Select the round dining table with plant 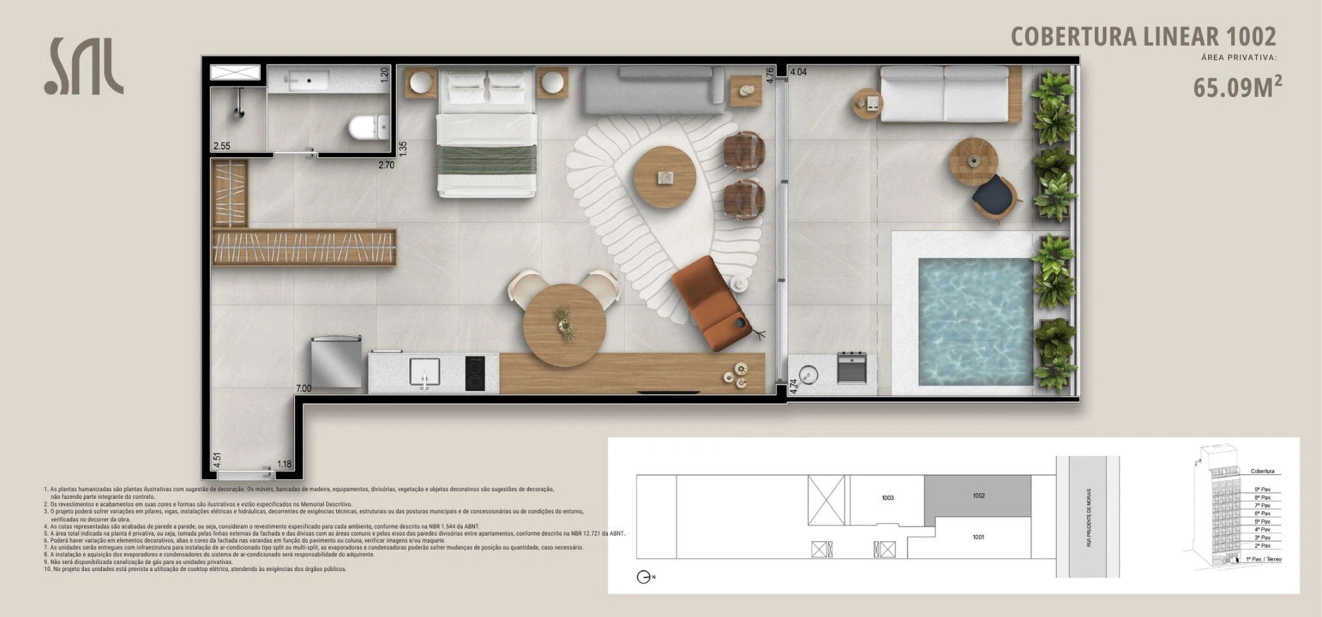click(x=565, y=325)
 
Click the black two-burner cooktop click(x=475, y=374)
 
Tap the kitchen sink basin click(x=424, y=372)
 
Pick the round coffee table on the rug click(x=665, y=176)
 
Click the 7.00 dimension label click(x=303, y=389)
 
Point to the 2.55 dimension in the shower click(x=221, y=146)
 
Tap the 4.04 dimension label click(x=798, y=72)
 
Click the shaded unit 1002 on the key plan click(x=978, y=496)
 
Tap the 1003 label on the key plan click(x=888, y=498)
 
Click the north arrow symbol click(x=644, y=577)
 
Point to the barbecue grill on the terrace click(x=851, y=367)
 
